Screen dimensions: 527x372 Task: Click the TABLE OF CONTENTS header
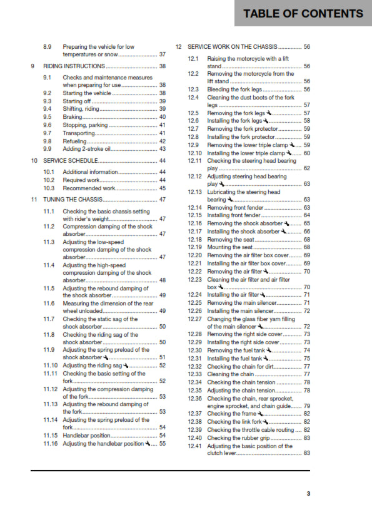(303, 14)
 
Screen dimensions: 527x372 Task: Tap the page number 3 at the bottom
(308, 494)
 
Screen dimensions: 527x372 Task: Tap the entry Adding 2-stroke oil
(88, 149)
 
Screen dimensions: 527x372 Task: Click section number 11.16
(51, 443)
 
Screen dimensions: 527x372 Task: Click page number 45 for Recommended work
(162, 188)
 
